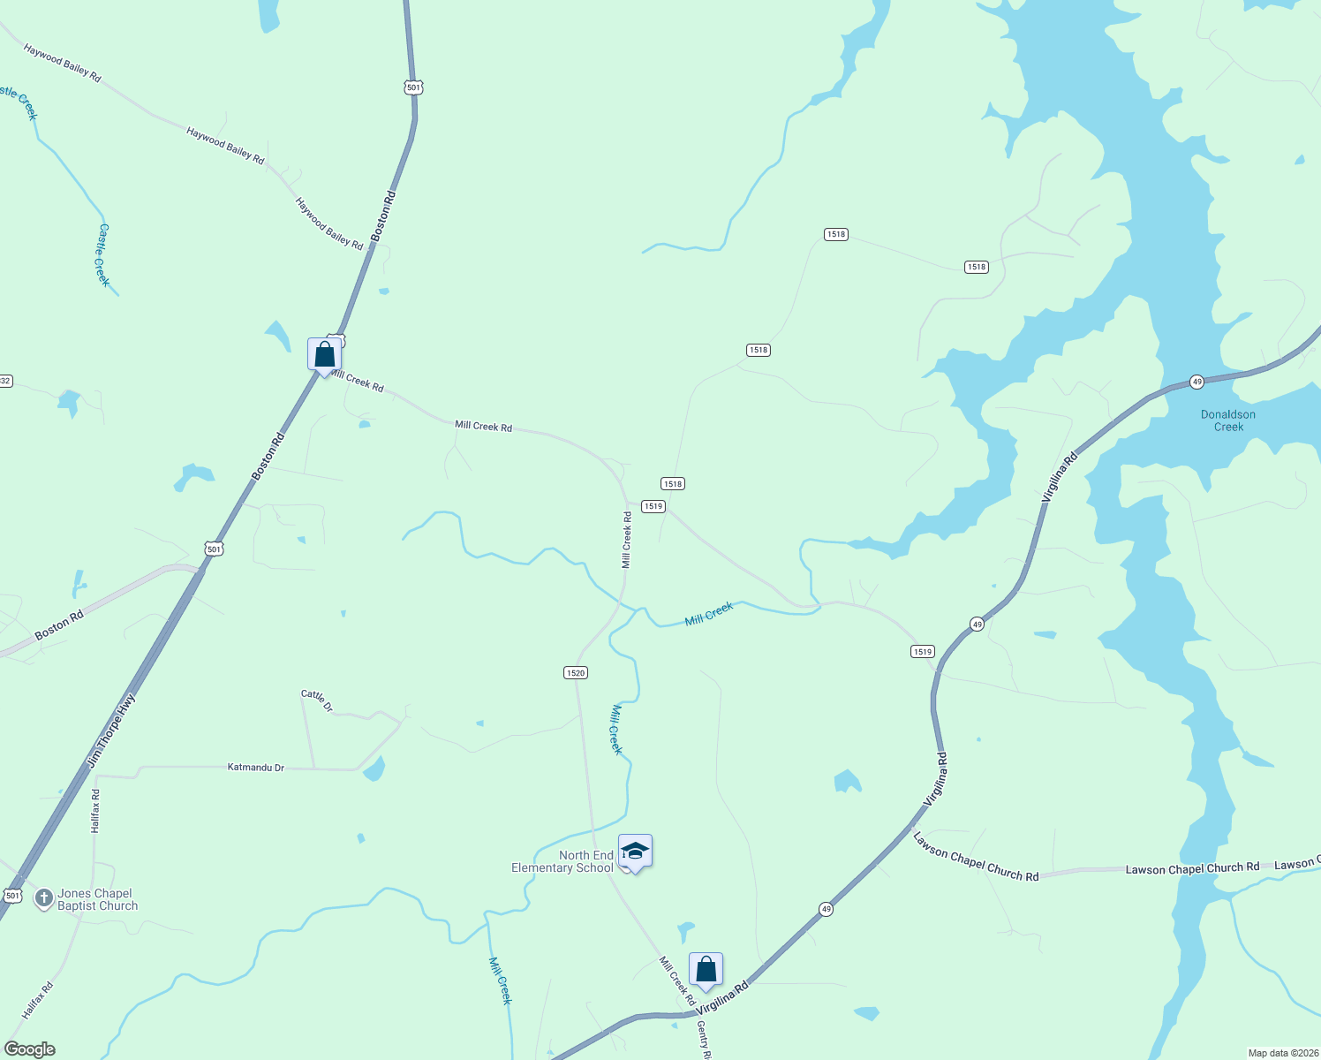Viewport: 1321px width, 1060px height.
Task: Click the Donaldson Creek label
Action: point(1227,420)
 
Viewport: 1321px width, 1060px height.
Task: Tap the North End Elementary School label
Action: point(562,861)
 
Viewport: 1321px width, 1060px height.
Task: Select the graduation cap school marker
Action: point(635,852)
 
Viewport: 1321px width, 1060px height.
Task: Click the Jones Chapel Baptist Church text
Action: point(97,899)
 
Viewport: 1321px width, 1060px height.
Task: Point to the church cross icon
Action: point(44,898)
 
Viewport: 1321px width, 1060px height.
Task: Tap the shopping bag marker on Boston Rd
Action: point(324,355)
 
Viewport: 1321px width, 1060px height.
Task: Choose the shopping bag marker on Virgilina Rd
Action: point(706,970)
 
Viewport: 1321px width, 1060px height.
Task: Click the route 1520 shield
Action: point(576,673)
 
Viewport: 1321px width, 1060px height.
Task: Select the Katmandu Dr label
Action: point(256,768)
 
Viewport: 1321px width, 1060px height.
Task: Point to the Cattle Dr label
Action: point(317,700)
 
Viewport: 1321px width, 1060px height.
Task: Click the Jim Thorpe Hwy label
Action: point(112,731)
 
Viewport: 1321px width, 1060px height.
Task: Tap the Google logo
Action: point(29,1049)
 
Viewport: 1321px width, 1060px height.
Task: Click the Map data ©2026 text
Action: point(1281,1053)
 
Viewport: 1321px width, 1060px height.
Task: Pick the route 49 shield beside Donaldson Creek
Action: point(1196,382)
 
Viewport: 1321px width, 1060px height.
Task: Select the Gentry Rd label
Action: point(703,1040)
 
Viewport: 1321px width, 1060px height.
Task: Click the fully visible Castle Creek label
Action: point(103,255)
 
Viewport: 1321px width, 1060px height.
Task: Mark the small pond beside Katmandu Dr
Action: point(374,769)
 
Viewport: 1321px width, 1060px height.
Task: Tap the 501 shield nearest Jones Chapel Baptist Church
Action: point(11,896)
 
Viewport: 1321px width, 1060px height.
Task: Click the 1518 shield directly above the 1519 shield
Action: point(673,484)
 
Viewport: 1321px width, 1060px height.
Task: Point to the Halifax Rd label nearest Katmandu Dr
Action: point(95,811)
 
